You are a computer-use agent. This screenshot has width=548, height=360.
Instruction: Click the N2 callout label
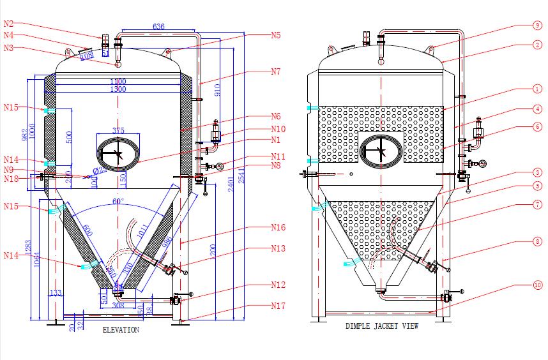(8, 24)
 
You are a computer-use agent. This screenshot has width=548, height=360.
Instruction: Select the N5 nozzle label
(275, 36)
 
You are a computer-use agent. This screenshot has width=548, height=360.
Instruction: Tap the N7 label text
(275, 72)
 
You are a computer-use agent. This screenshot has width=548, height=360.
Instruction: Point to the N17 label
(277, 306)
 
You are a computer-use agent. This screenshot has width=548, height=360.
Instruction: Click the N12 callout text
(277, 285)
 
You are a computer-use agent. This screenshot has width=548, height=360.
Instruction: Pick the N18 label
(11, 179)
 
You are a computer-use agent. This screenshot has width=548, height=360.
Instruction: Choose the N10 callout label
(277, 129)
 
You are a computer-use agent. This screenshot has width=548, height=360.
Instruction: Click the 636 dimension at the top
(158, 27)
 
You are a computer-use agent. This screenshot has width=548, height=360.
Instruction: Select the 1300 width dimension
(118, 89)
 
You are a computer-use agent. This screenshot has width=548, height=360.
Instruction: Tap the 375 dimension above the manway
(118, 130)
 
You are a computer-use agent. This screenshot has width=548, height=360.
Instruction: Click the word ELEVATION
(121, 331)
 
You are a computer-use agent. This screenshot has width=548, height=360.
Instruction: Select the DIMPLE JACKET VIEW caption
(382, 326)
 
